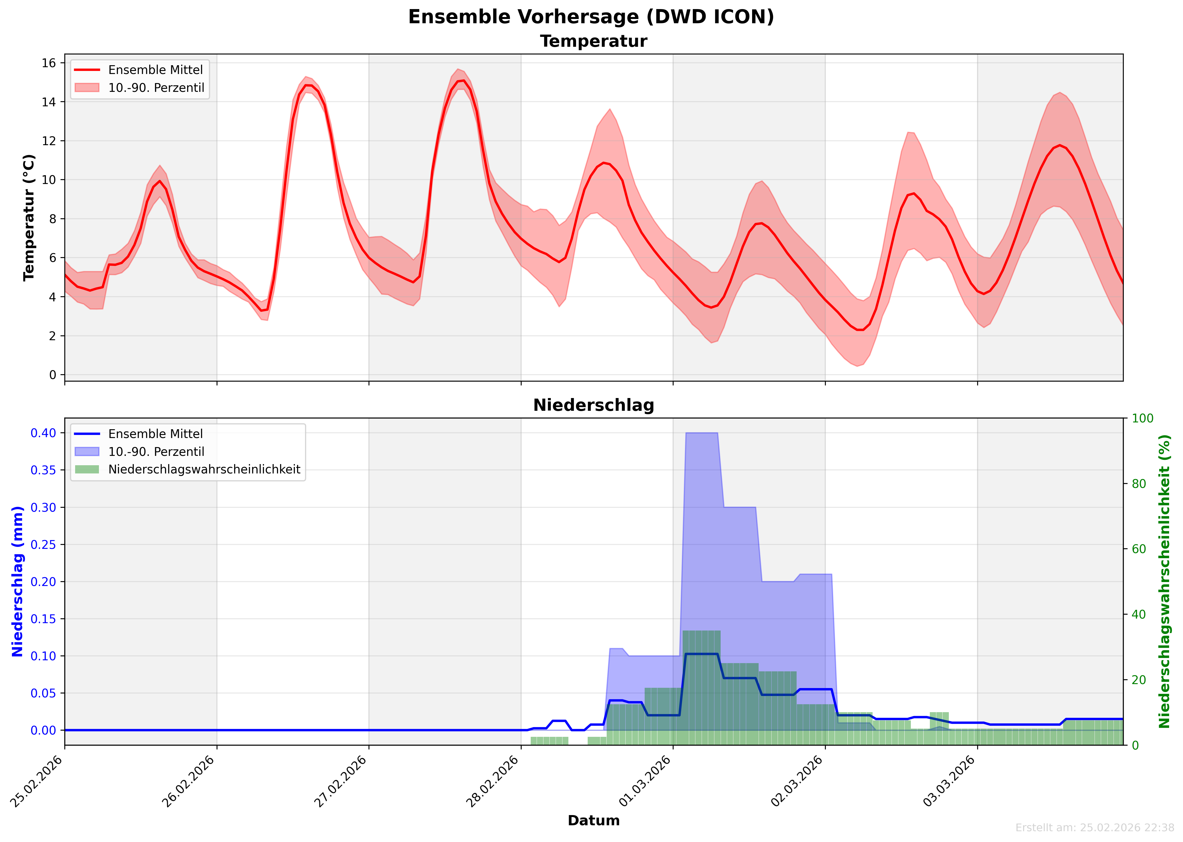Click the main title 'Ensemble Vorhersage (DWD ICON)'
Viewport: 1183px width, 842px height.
591,17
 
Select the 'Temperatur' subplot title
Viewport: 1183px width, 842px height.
594,41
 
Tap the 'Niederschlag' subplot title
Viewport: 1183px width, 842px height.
594,405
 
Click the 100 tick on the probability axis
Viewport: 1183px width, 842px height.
1142,418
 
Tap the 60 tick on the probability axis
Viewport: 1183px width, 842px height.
1139,549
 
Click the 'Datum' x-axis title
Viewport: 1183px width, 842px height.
594,821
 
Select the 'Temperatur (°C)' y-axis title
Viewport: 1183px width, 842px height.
29,218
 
